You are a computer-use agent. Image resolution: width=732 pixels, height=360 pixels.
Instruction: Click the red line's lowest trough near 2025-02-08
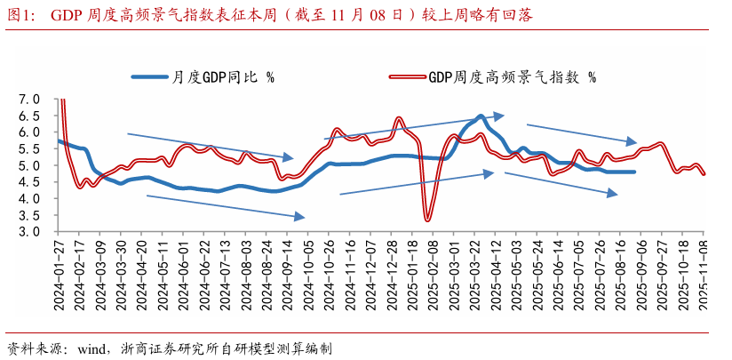tap(427, 220)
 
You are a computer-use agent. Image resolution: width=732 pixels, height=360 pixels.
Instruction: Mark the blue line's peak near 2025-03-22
tap(480, 116)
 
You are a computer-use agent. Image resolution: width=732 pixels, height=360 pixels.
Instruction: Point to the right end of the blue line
tap(634, 172)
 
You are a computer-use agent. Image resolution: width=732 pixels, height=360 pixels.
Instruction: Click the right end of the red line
tap(704, 174)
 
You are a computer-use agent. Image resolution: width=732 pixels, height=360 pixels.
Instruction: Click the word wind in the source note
tap(91, 348)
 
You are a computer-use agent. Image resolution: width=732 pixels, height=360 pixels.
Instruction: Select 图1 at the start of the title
tap(19, 15)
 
